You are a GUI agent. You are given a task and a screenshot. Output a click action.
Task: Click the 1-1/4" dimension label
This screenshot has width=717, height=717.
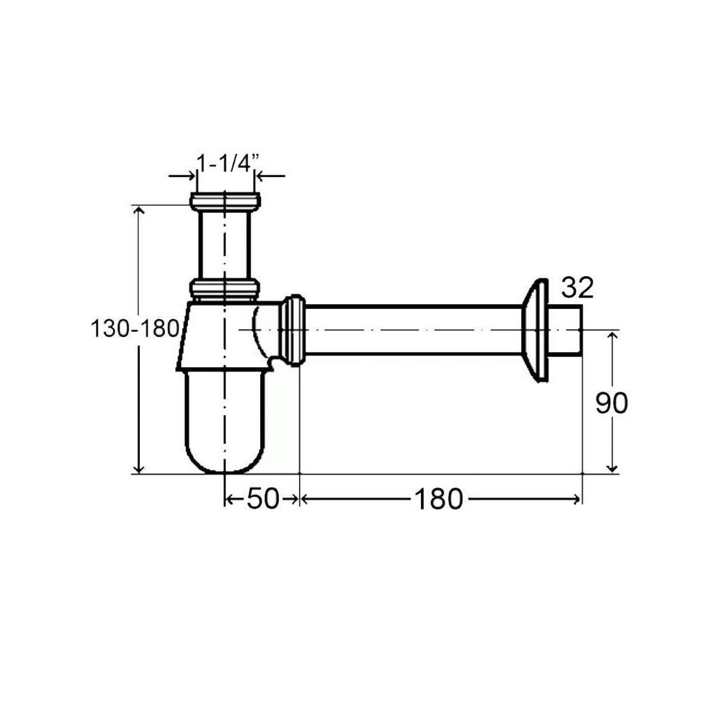[x=228, y=163]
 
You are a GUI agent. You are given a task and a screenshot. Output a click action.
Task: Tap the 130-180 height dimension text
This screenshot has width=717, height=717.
[x=135, y=328]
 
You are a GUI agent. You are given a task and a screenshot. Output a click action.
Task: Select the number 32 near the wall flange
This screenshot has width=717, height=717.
[x=577, y=288]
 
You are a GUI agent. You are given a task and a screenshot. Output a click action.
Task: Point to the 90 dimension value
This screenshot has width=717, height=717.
[x=612, y=403]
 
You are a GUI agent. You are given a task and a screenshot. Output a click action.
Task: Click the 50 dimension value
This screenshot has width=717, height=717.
[x=262, y=498]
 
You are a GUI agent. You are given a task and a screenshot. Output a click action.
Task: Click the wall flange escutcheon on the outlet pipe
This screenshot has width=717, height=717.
[x=535, y=330]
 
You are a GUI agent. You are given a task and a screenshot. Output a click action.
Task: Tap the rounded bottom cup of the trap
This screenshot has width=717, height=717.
[x=224, y=421]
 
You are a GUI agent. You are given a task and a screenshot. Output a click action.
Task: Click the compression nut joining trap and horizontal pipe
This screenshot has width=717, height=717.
[x=292, y=330]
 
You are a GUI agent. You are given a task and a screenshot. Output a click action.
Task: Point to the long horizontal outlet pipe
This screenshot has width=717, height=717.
[x=414, y=330]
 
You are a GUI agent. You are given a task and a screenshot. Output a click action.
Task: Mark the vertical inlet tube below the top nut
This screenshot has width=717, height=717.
[x=224, y=245]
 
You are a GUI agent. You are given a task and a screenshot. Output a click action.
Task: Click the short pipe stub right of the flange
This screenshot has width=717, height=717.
[x=565, y=330]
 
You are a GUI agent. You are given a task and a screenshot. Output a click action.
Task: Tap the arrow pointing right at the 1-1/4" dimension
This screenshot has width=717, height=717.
[x=182, y=176]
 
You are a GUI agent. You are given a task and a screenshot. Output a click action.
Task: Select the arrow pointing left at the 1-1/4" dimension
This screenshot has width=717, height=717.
[x=270, y=176]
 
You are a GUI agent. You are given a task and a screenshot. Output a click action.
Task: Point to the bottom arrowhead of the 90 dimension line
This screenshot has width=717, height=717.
[x=612, y=468]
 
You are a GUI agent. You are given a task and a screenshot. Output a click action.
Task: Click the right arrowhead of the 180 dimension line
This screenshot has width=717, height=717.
[x=576, y=499]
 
